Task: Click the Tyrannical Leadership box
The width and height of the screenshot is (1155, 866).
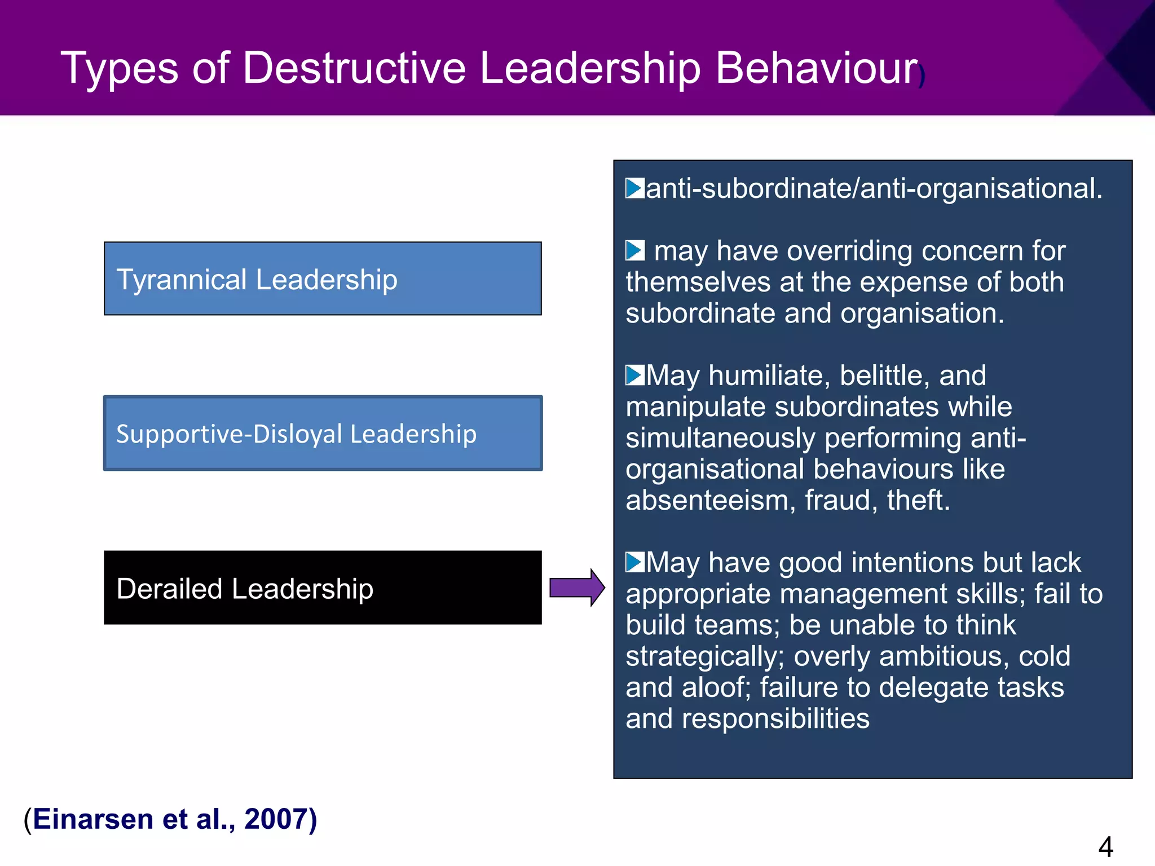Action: click(x=323, y=279)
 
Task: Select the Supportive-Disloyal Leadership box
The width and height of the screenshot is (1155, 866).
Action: click(x=323, y=433)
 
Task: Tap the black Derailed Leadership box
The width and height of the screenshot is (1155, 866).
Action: click(x=323, y=587)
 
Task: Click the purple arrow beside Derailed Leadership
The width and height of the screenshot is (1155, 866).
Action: click(x=577, y=587)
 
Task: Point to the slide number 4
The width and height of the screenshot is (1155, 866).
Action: click(x=1105, y=846)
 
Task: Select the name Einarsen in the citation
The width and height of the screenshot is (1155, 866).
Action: click(x=93, y=819)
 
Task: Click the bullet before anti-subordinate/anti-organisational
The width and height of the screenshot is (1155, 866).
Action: click(x=634, y=188)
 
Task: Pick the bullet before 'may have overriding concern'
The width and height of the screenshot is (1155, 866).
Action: click(x=634, y=250)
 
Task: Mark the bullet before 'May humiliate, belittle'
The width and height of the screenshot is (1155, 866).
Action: click(x=634, y=375)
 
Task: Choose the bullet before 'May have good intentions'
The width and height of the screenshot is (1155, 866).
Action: click(x=634, y=562)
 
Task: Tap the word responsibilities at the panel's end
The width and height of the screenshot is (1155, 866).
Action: click(x=775, y=719)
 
